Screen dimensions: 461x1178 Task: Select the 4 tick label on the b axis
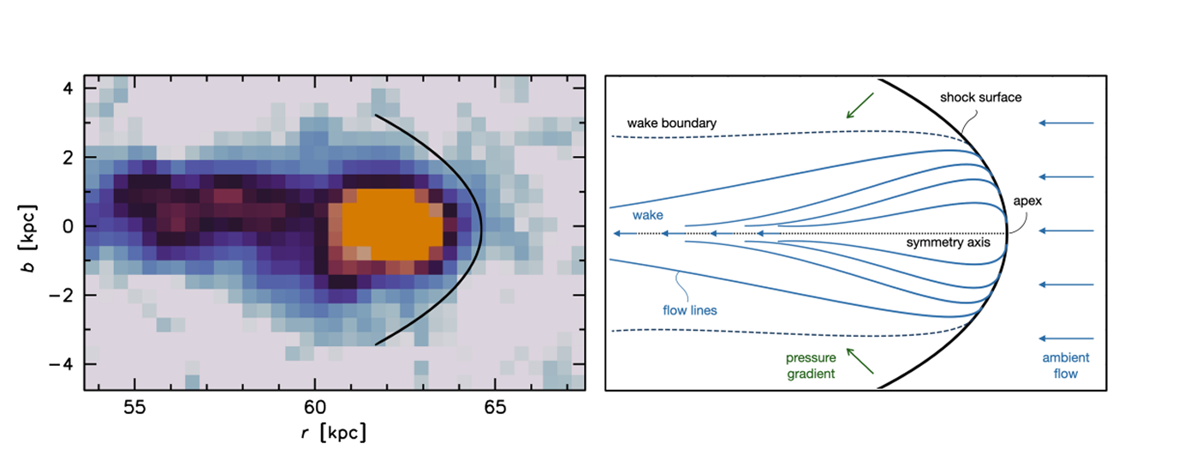click(x=66, y=89)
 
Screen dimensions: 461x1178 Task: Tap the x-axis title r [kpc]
click(x=334, y=434)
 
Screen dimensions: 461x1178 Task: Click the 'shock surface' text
click(x=980, y=98)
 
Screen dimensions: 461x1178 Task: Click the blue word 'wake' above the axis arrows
click(x=647, y=217)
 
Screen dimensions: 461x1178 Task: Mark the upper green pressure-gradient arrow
click(x=860, y=105)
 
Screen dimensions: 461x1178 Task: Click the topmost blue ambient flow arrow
click(x=1066, y=123)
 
